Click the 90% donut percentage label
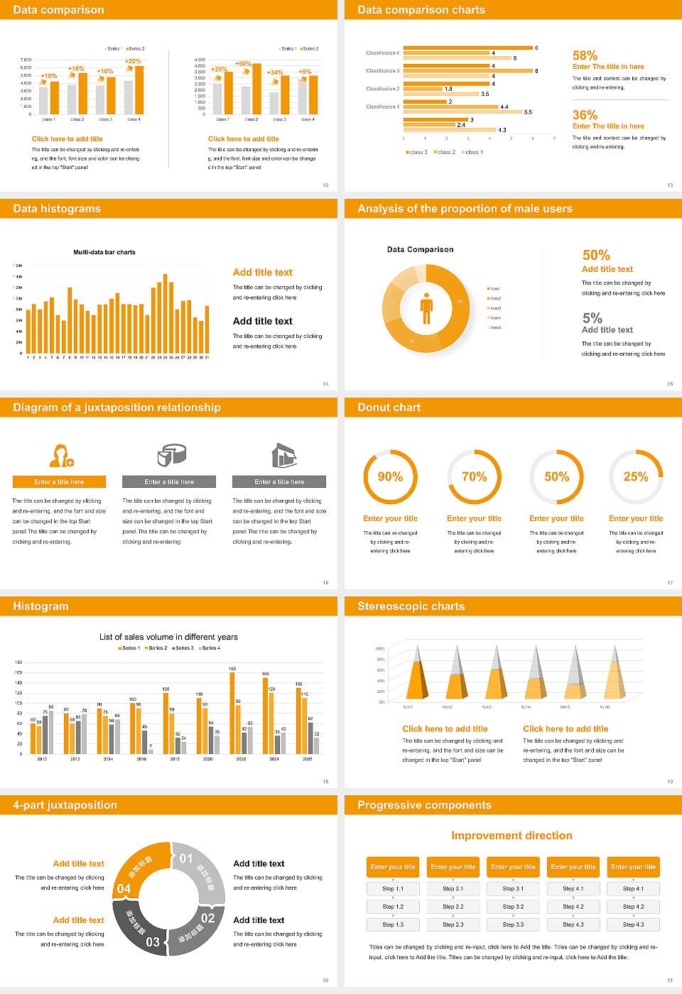(x=390, y=476)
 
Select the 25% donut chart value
(x=635, y=476)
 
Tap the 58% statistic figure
(x=585, y=55)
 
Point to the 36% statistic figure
(x=585, y=115)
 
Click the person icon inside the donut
(x=426, y=308)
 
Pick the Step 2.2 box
(x=453, y=907)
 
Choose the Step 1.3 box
(x=393, y=924)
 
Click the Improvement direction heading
(x=511, y=836)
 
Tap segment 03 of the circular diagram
(x=142, y=930)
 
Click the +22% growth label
(x=133, y=62)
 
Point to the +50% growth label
(x=243, y=64)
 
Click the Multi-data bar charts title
(x=104, y=252)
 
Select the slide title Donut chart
(x=389, y=408)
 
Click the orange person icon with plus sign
(x=61, y=455)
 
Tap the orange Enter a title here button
(x=60, y=481)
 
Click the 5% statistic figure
(x=592, y=318)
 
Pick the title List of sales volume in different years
(x=168, y=637)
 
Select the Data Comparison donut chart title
(x=420, y=249)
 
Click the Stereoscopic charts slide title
(x=411, y=606)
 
